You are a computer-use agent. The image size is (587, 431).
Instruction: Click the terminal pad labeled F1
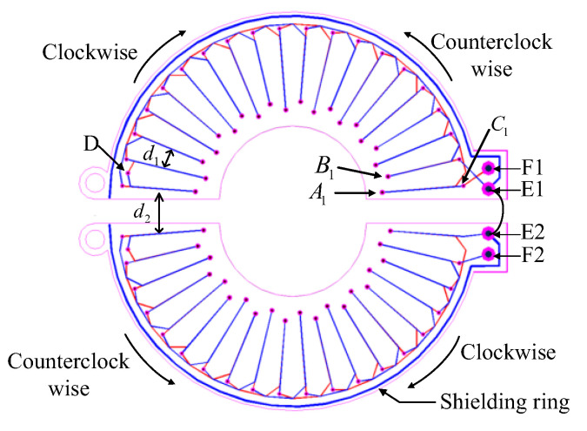(490, 167)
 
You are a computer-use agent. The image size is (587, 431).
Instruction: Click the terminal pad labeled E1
(490, 189)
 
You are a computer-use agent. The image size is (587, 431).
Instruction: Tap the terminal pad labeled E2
(490, 232)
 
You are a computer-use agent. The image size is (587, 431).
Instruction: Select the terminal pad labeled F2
(490, 254)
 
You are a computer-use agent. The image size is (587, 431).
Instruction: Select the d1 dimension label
(150, 154)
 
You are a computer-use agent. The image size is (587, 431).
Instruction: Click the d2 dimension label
(139, 211)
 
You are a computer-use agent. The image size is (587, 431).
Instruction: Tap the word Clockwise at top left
(90, 51)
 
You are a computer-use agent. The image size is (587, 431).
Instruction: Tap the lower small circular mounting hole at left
(91, 234)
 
